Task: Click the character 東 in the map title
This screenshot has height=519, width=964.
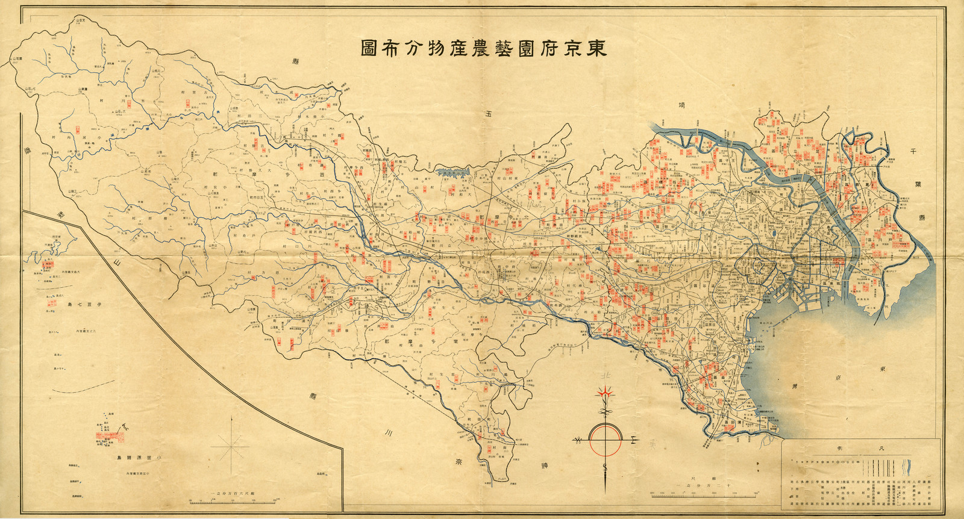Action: pyautogui.click(x=596, y=49)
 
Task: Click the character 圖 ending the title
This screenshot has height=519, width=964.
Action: pyautogui.click(x=371, y=49)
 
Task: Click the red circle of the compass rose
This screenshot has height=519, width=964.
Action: pyautogui.click(x=605, y=439)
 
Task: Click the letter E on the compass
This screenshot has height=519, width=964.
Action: pyautogui.click(x=633, y=440)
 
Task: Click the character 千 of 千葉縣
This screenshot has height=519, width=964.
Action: pyautogui.click(x=913, y=152)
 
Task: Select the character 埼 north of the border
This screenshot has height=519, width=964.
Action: pyautogui.click(x=681, y=106)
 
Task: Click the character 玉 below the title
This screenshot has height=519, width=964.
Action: pyautogui.click(x=487, y=114)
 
